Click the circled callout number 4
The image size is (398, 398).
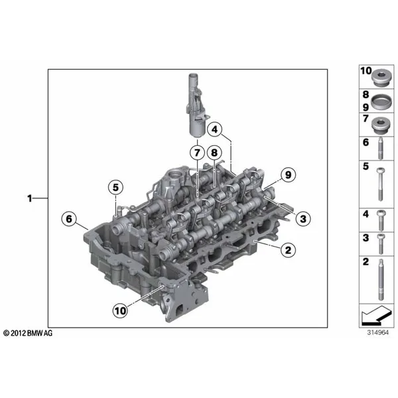215,129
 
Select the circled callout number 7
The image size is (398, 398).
197,153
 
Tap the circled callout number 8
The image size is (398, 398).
214,153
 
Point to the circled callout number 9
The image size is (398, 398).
288,174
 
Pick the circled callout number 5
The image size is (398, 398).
115,187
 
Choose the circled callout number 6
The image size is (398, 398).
69,219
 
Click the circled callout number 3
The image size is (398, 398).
303,219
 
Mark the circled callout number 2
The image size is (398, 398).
288,250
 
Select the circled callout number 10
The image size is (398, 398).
120,310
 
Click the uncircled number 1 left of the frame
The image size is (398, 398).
30,198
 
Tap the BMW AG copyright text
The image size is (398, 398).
28,333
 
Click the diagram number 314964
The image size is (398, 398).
378,332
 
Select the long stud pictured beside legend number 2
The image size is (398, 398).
381,279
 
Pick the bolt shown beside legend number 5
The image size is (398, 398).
380,184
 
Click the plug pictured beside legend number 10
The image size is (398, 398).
381,78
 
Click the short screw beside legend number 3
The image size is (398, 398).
381,244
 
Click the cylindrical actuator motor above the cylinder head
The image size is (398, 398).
197,106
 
